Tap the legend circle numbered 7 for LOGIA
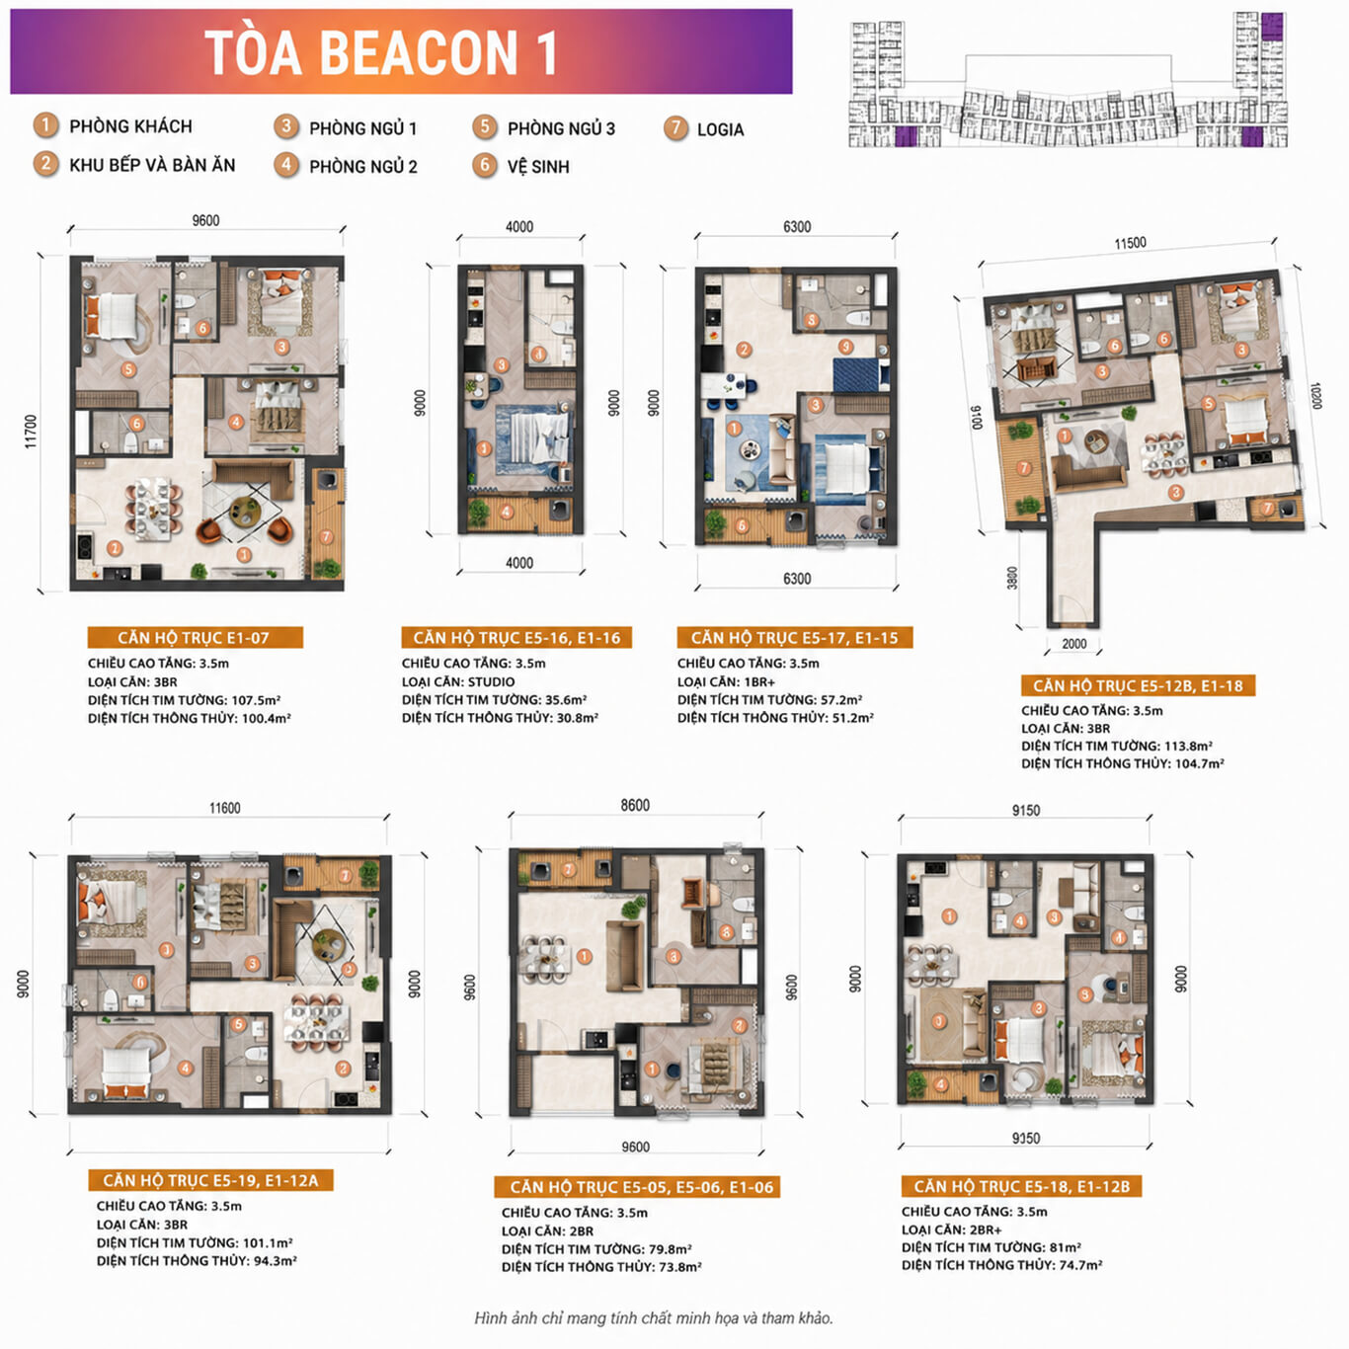(675, 128)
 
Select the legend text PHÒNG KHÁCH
(130, 126)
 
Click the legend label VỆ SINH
(538, 167)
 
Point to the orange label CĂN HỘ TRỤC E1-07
(195, 638)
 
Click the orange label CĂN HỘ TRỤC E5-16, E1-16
(516, 638)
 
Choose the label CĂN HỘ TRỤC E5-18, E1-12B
(1021, 1186)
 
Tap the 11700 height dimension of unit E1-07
(30, 432)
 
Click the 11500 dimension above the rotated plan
(1130, 243)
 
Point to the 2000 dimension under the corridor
(1073, 644)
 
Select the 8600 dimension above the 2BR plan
(635, 805)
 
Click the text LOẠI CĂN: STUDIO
(458, 681)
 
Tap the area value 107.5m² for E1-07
(256, 700)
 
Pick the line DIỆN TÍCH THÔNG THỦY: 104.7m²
(1122, 763)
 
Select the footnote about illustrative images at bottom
(654, 1318)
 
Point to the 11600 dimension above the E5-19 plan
(225, 808)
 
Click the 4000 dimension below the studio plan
(519, 563)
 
